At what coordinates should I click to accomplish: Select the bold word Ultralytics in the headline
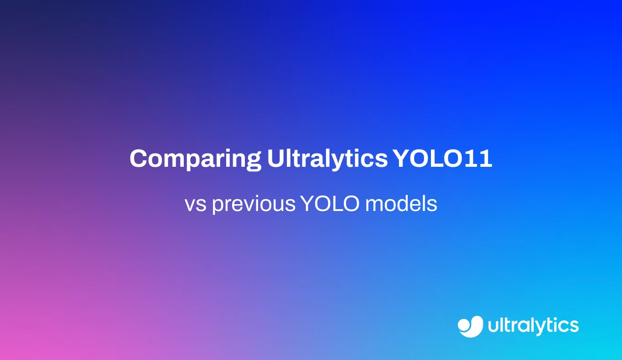pos(327,159)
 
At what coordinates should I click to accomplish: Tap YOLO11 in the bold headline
pos(443,159)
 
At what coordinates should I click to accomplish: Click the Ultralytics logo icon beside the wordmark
pos(471,326)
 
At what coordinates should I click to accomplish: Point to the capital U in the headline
pos(276,159)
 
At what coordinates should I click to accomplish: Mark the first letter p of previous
pos(218,206)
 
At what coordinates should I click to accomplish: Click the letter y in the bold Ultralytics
pos(336,162)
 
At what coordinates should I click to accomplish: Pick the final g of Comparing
pos(253,162)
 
